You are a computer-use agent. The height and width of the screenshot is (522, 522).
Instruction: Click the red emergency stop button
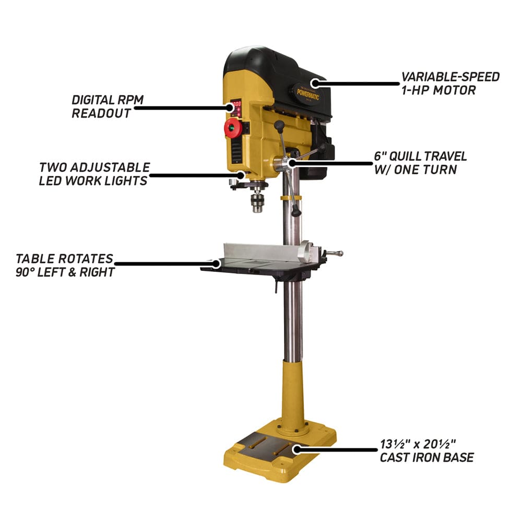point(233,128)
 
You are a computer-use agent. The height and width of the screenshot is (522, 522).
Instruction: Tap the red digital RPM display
point(236,105)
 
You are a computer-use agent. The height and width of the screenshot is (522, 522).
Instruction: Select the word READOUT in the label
point(101,113)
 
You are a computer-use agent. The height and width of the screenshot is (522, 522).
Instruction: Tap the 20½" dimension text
point(440,445)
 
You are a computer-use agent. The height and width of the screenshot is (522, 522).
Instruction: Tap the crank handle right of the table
point(334,254)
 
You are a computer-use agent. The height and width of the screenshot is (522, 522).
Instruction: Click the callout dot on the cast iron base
point(297,448)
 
